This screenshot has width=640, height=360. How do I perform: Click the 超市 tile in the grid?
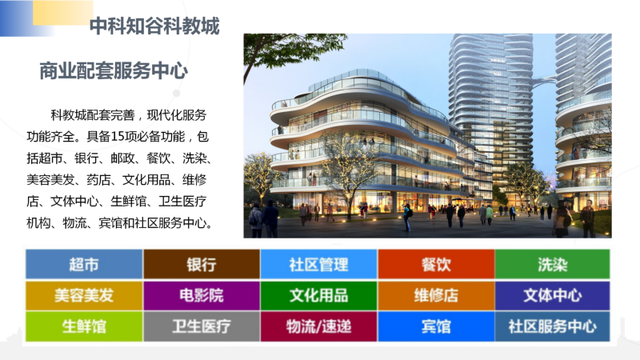[84, 264]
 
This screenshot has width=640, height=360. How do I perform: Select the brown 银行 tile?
[202, 264]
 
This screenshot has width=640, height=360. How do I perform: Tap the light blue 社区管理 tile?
[318, 264]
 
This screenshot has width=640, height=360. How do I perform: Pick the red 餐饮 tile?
[436, 264]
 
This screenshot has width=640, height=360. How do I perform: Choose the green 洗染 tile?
[553, 264]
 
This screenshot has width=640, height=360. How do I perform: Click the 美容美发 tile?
[84, 295]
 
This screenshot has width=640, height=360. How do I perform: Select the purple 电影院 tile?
[202, 295]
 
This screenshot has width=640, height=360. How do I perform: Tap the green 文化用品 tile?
[318, 295]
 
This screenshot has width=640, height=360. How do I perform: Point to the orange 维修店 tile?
[436, 295]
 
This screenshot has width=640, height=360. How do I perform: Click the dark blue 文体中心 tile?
[553, 295]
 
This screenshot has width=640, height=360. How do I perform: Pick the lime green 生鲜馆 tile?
[84, 326]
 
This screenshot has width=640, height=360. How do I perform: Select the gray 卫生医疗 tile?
[202, 326]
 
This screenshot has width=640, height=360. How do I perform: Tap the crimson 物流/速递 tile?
[318, 326]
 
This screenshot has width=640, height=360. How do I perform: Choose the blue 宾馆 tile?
[436, 326]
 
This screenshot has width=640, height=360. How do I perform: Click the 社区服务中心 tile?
[553, 326]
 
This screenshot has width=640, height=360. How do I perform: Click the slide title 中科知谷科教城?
[154, 26]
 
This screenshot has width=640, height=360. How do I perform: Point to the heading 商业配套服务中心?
[114, 70]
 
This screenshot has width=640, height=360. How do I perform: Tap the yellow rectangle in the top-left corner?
[63, 12]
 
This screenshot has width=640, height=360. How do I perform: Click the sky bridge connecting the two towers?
[545, 82]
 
